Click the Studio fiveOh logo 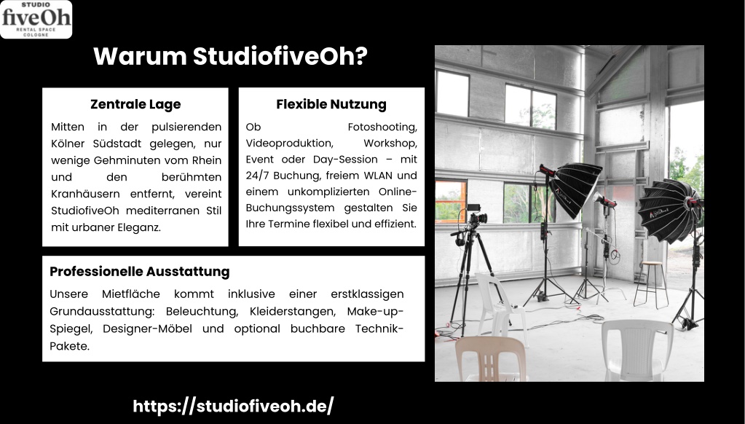coord(36,20)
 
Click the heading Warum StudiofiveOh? coord(230,56)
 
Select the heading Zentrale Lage coord(135,104)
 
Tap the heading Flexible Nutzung coord(331,104)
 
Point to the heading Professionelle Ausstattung coord(140,272)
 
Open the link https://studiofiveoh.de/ coord(233,407)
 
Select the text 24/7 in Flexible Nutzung coord(258,176)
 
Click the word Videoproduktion coord(289,143)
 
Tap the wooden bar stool coord(651,284)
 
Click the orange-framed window coord(450,200)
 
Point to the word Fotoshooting coord(382,127)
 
